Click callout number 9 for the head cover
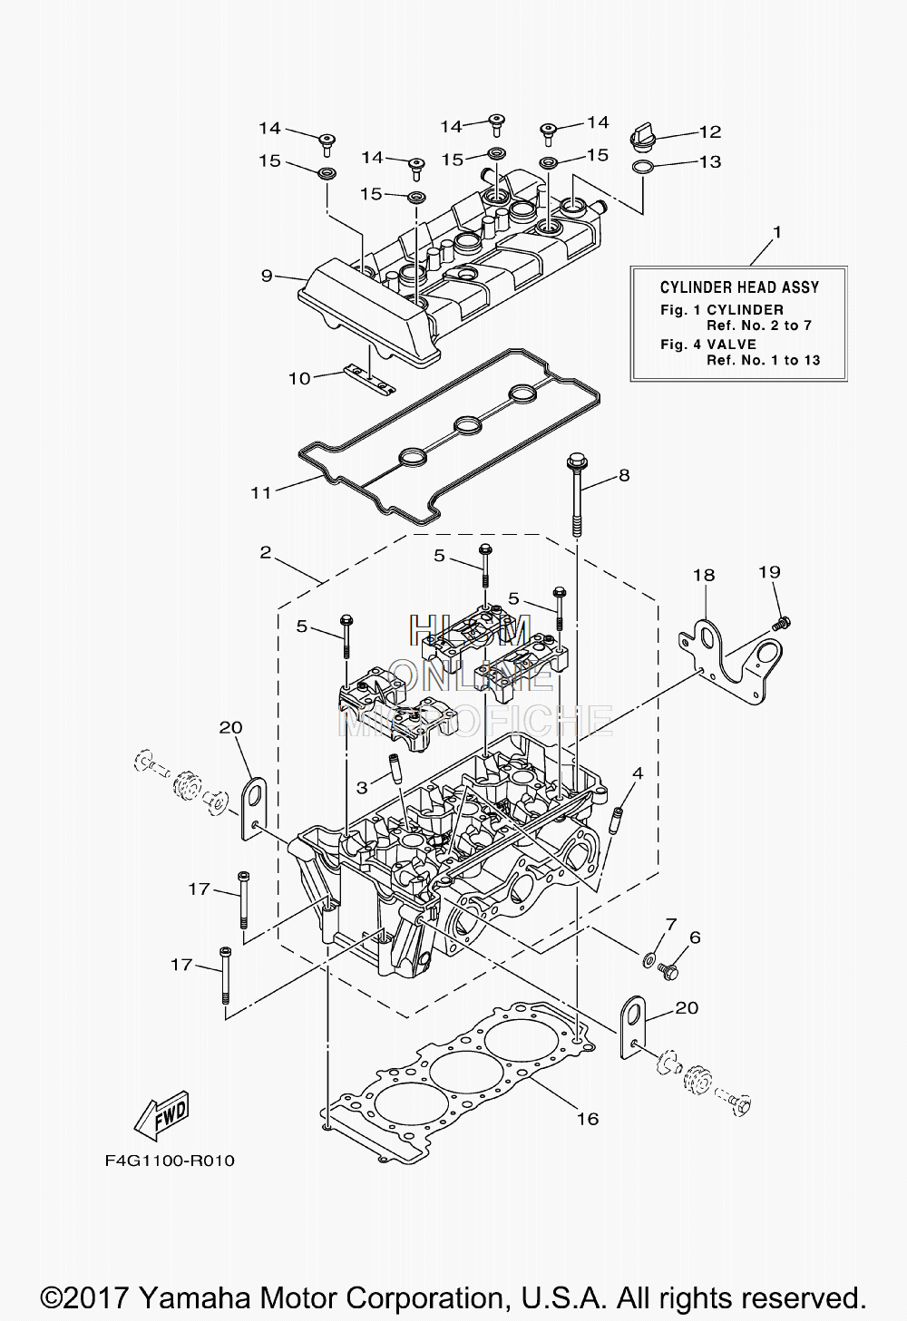point(267,275)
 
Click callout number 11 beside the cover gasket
point(260,491)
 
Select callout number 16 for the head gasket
point(589,1118)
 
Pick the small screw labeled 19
point(781,623)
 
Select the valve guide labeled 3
point(395,768)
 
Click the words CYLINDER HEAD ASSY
point(739,287)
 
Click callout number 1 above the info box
point(777,232)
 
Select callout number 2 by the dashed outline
point(265,552)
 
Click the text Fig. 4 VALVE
point(708,344)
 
